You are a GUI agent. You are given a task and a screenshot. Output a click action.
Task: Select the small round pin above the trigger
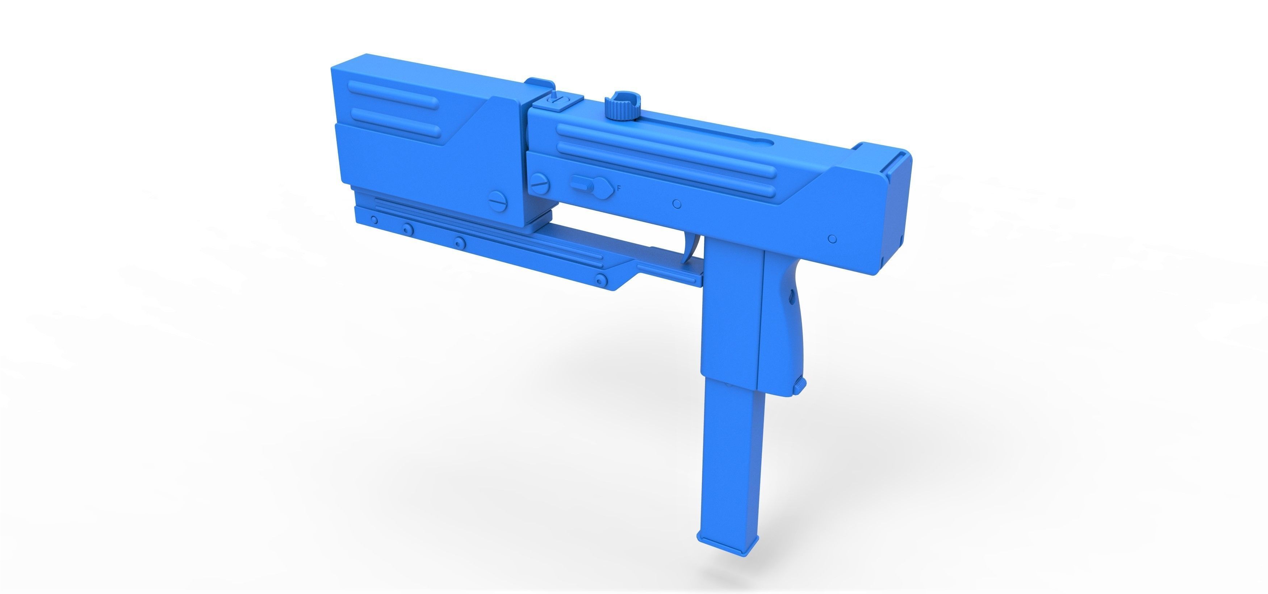(x=677, y=204)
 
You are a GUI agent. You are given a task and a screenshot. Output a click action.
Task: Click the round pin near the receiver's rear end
(x=832, y=239)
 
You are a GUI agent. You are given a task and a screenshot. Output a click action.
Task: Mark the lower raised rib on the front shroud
(x=394, y=117)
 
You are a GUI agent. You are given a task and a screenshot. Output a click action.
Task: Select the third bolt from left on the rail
(x=459, y=242)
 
